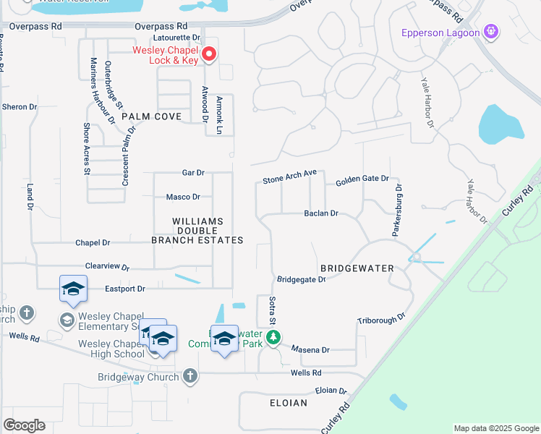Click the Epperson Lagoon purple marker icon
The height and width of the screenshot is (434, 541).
pyautogui.click(x=491, y=32)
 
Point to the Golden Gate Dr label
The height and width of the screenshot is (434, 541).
pyautogui.click(x=362, y=179)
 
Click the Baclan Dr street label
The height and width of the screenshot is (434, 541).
pyautogui.click(x=321, y=213)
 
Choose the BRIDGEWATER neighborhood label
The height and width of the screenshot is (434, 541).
pyautogui.click(x=357, y=268)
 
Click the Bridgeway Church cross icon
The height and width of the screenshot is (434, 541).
pyautogui.click(x=189, y=375)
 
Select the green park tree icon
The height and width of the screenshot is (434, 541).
pyautogui.click(x=273, y=337)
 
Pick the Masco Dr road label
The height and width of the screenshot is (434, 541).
pyautogui.click(x=183, y=197)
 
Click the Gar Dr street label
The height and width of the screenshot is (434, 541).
pyautogui.click(x=194, y=173)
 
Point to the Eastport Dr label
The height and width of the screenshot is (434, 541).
pyautogui.click(x=125, y=289)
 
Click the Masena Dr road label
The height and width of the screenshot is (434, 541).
pyautogui.click(x=310, y=349)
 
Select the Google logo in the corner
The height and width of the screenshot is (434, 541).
pyautogui.click(x=24, y=425)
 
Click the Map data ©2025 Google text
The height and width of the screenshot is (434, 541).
pyautogui.click(x=497, y=428)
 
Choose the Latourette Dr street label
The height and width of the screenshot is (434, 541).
pyautogui.click(x=176, y=38)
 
